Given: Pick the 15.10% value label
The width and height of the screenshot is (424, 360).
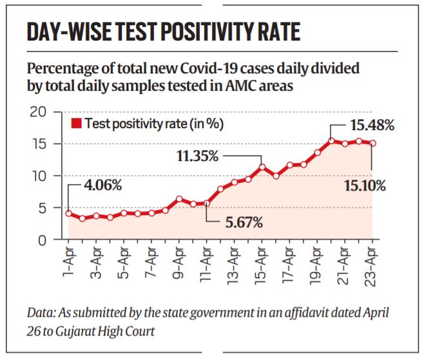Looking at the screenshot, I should pyautogui.click(x=363, y=186).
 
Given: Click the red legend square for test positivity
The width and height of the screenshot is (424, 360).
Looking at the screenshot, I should pyautogui.click(x=76, y=124).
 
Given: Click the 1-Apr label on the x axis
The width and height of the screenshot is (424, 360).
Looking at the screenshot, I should pyautogui.click(x=69, y=260).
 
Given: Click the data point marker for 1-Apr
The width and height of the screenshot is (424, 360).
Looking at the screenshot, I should pyautogui.click(x=68, y=213).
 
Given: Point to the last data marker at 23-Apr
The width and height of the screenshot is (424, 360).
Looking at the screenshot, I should pyautogui.click(x=372, y=144).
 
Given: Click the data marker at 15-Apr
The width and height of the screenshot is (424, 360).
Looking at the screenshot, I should pyautogui.click(x=262, y=167).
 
